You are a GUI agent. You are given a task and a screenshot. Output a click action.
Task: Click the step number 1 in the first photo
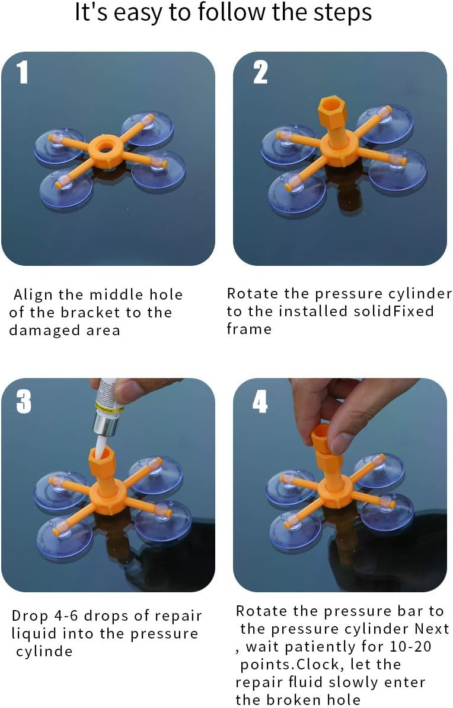coord(23,72)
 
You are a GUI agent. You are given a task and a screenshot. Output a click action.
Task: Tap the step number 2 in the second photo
coord(260,72)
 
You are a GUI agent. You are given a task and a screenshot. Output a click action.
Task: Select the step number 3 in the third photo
coord(24,401)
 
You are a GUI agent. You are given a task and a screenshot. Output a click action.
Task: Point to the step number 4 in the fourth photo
coord(260,401)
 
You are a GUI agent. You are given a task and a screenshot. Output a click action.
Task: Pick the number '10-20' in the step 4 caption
coord(410,646)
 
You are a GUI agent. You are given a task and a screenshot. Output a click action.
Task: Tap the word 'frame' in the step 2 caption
coord(249,329)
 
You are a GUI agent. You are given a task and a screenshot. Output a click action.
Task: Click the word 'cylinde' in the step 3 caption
coord(44,651)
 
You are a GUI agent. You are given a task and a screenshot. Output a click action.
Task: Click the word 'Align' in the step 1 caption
coord(33,295)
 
